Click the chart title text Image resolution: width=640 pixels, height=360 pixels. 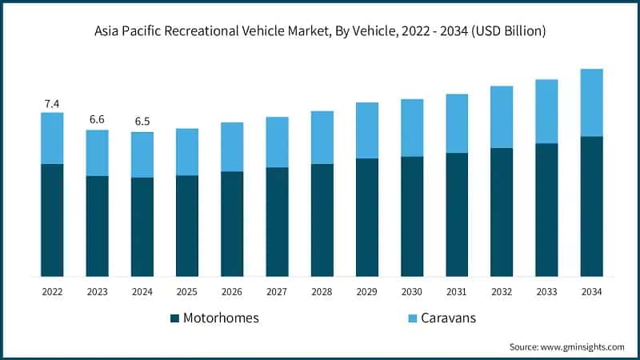[320, 32]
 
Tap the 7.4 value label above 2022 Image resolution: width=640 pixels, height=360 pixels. [52, 103]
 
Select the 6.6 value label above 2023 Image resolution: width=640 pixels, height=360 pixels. [97, 119]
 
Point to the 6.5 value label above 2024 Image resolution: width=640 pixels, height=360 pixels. [142, 122]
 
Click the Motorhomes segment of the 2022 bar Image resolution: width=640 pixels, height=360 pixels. [52, 220]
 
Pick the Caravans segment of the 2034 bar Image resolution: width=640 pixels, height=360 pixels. [591, 102]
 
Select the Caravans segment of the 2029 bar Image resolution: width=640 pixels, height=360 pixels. [366, 130]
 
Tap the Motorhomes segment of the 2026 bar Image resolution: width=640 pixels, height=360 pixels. [232, 224]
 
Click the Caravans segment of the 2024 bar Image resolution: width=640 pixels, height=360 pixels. [142, 154]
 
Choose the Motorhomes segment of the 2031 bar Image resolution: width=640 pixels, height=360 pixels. [457, 214]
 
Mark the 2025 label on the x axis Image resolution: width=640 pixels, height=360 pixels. [187, 291]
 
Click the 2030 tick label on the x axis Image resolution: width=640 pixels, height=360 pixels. [411, 291]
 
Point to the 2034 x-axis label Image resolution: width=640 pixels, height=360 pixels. [591, 291]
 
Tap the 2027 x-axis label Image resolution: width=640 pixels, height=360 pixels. [277, 291]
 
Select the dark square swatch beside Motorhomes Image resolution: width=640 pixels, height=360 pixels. [174, 318]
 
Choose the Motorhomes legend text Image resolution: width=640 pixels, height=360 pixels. [221, 318]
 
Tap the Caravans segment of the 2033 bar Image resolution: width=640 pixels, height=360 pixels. [546, 111]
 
